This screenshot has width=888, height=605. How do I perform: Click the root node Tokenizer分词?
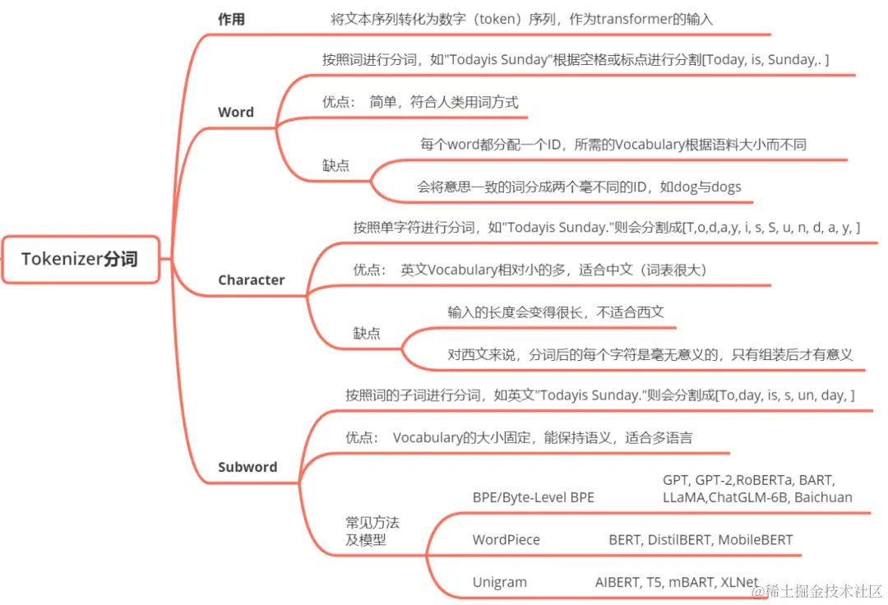pos(80,259)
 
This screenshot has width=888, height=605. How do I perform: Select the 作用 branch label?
pos(231,20)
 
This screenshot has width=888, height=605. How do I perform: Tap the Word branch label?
pos(236,113)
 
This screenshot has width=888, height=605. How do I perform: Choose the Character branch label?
pos(251,280)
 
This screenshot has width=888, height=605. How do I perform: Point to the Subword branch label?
pos(247,467)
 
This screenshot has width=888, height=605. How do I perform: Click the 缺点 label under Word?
pos(335,165)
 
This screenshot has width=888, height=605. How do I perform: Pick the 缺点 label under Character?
pos(367,333)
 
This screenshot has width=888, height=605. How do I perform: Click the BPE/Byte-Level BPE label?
pos(533,497)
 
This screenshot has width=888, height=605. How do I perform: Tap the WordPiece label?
pos(506,540)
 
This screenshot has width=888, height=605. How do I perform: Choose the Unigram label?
pos(499,582)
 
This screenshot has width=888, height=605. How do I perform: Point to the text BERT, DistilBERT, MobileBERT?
pos(701,540)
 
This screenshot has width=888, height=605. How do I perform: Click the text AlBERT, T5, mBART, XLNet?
pos(677,582)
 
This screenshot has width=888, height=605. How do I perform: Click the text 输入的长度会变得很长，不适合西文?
pos(556,312)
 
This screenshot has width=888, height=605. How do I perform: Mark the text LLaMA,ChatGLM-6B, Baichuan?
pos(757,497)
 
